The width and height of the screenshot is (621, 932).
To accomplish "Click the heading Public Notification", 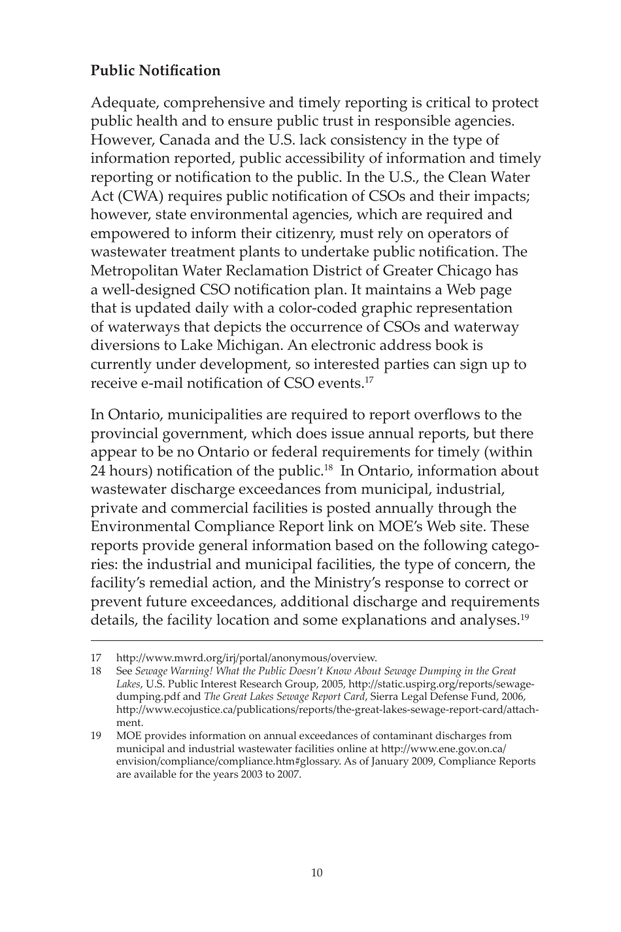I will pos(156,71).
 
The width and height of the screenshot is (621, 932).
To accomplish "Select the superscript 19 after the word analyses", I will pos(525,616).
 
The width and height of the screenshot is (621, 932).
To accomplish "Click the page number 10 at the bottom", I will pos(316,872).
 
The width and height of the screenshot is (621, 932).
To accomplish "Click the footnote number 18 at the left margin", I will pos(96,671).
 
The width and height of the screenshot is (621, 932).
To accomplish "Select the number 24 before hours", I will pos(99,471).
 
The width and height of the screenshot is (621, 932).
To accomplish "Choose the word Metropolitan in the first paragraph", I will pos(135,271).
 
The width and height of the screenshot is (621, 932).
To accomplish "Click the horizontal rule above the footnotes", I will pos(316,642).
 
